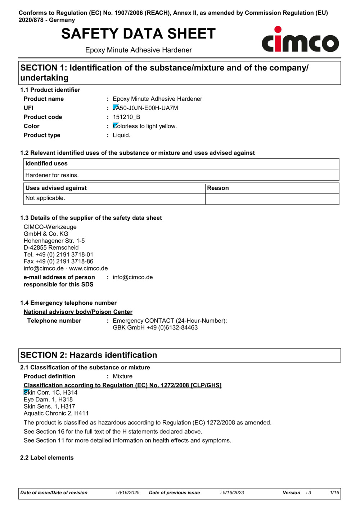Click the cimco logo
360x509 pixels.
point(300,40)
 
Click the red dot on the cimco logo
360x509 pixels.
point(278,29)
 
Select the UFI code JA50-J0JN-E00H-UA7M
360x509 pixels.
point(145,108)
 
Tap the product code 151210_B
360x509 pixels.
point(126,117)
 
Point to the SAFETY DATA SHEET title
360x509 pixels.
point(138,34)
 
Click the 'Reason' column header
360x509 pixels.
point(218,188)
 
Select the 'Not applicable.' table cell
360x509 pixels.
point(45,198)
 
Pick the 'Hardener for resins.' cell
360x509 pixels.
point(52,175)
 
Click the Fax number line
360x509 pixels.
point(58,262)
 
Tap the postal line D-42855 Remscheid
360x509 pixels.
point(51,247)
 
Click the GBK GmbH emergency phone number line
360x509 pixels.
point(155,328)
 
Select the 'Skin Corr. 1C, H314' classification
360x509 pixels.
point(50,392)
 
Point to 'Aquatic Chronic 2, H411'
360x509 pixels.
point(56,413)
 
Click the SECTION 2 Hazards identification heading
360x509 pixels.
point(89,355)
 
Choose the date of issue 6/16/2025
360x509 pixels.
point(129,493)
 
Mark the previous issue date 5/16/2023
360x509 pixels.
point(233,493)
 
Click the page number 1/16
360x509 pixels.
point(334,493)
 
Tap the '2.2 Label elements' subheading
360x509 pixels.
point(47,458)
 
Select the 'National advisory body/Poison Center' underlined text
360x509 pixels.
point(78,312)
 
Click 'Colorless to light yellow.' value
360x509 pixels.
point(145,126)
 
